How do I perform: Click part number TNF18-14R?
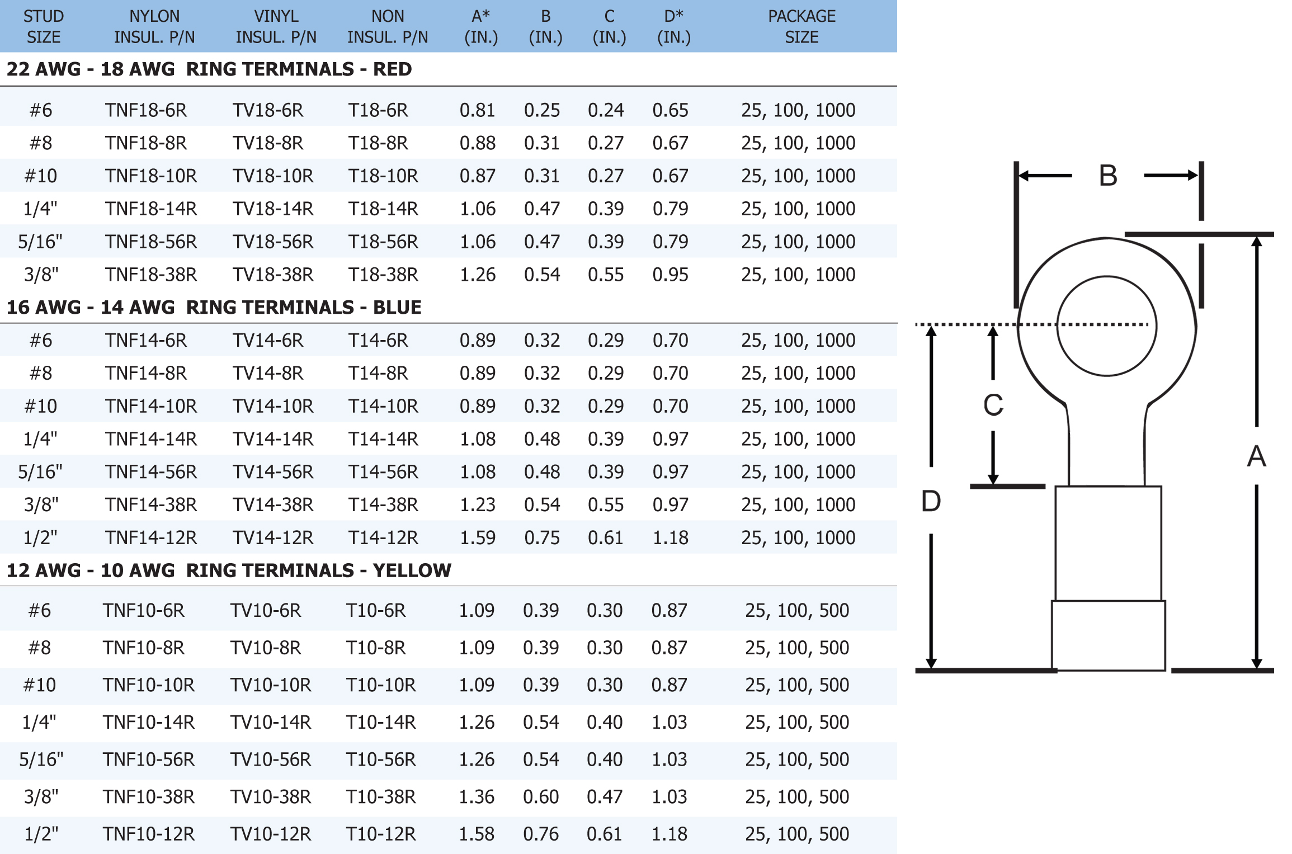151,209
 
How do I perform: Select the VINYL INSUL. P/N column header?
276,26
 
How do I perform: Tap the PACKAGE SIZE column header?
801,26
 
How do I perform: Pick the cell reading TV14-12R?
273,538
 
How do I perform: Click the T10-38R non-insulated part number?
381,797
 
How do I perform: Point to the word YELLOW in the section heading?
412,570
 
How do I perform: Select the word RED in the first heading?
392,69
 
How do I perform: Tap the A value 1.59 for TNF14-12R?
478,538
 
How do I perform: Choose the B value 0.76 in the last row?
541,834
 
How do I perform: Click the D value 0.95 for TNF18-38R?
670,275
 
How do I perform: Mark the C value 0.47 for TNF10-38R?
605,797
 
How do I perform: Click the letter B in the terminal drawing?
1108,176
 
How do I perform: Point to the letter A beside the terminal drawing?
1256,456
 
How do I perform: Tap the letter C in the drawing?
993,405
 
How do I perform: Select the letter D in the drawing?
931,501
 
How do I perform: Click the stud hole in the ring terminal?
1106,326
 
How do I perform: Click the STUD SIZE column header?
44,26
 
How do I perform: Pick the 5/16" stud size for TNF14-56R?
40,473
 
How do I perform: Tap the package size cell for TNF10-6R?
797,611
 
